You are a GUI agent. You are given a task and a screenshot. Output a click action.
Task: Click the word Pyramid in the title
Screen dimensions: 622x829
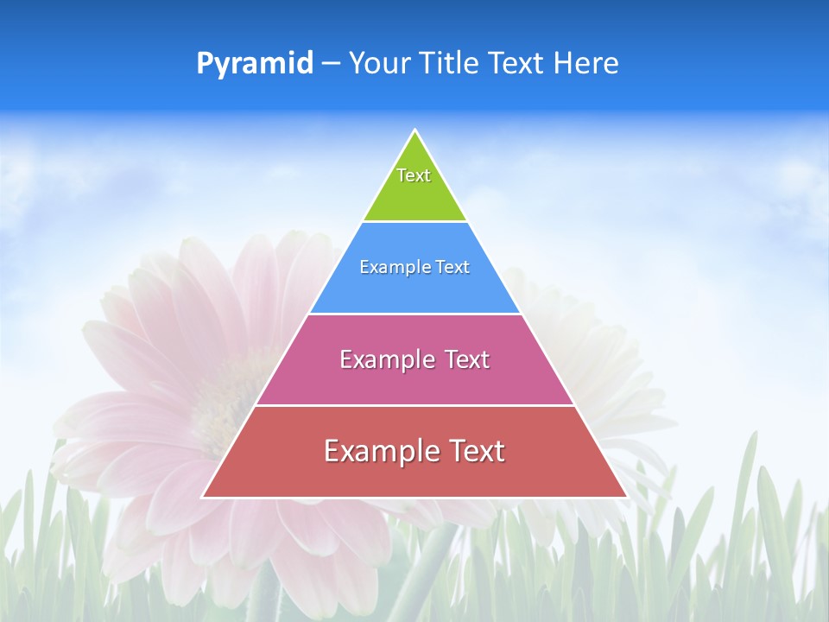[x=255, y=63]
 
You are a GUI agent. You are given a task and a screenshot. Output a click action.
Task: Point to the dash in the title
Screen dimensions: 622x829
[x=331, y=64]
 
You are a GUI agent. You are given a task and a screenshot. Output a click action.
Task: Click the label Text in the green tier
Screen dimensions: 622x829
[x=414, y=175]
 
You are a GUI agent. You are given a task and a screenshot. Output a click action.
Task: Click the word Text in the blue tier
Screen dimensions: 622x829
[x=452, y=267]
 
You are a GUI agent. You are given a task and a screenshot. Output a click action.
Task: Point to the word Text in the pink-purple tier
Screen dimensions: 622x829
[x=467, y=359]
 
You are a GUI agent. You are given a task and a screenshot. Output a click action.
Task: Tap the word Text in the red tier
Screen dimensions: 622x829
[x=478, y=451]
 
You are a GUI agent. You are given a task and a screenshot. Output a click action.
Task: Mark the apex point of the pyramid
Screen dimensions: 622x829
[x=414, y=131]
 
